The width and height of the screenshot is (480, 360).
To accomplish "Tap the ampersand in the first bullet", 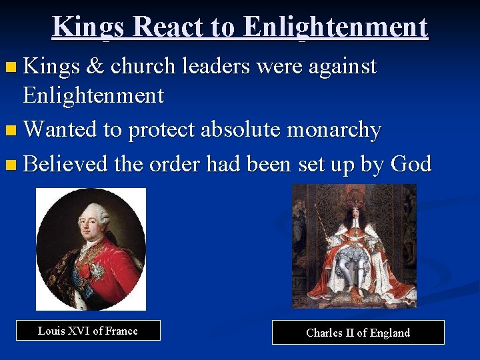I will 95,66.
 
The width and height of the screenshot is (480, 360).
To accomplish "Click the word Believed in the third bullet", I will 65,163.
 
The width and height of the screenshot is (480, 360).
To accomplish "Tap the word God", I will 411,163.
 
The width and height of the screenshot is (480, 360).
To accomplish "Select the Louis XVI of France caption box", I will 88,331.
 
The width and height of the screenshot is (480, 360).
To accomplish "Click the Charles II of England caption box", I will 358,333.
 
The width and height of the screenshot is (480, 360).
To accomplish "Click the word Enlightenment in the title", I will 335,27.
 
